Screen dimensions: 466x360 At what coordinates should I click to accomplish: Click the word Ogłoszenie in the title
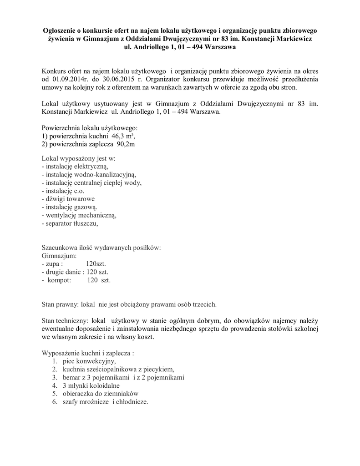coord(57,30)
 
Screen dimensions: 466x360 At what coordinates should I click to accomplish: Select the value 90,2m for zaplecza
coord(126,144)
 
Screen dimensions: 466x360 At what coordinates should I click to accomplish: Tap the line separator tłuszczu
coord(70,224)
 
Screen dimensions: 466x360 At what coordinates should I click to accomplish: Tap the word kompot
coord(59,280)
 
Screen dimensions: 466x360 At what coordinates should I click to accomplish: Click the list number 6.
coord(54,402)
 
